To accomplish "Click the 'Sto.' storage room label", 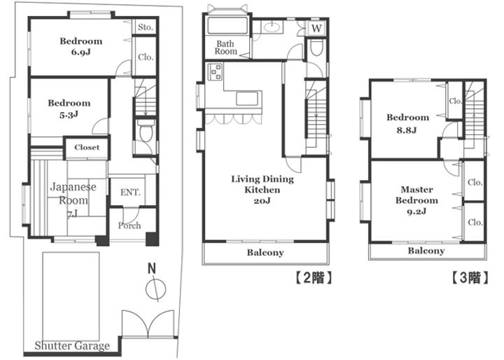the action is [x=146, y=27].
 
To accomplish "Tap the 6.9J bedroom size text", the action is [x=80, y=52].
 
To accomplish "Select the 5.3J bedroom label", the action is [x=69, y=114].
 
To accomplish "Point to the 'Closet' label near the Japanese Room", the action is [x=87, y=147].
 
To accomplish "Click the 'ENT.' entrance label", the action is [x=130, y=193].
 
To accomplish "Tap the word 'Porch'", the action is [x=129, y=226].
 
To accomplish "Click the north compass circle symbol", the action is [x=155, y=289].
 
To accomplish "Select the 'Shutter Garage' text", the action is [x=72, y=346].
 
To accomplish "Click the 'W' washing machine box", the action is [x=316, y=29].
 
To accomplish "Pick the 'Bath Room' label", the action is [x=225, y=48].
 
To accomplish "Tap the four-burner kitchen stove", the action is [x=215, y=72].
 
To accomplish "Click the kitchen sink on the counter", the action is [x=247, y=99].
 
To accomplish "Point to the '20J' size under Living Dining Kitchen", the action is [x=262, y=201].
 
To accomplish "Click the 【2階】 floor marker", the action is [x=314, y=277].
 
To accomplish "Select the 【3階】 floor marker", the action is [x=470, y=277].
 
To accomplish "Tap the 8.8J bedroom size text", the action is [x=406, y=130].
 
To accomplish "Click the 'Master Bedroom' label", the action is [x=416, y=195].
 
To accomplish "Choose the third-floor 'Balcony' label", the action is [x=426, y=251].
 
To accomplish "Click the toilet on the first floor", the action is [x=146, y=131].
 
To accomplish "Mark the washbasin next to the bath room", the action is [x=272, y=27].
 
